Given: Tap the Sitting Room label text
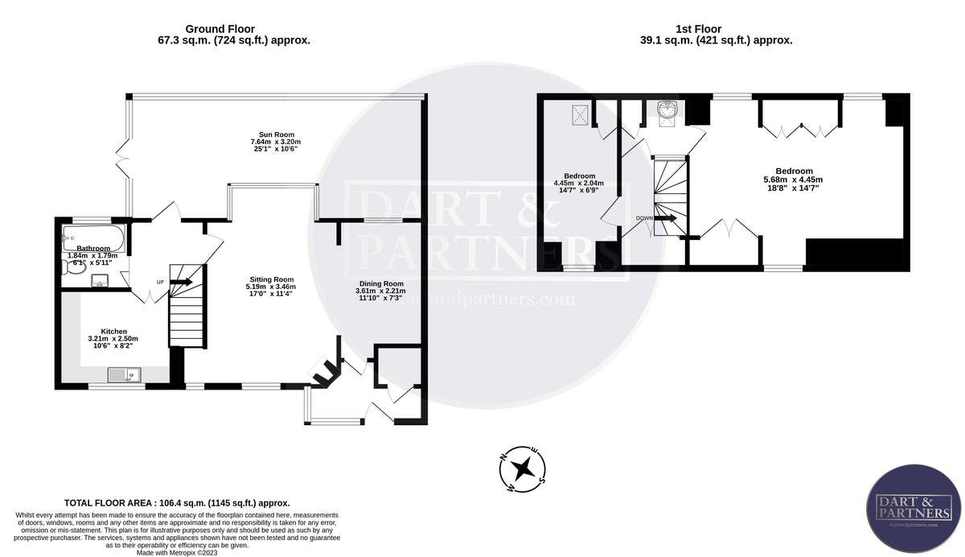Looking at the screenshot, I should coord(272,286).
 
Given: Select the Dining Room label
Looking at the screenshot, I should coord(381,291).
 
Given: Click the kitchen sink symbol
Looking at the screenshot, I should coord(124,373).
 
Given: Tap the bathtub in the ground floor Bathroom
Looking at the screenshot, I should coord(92,237).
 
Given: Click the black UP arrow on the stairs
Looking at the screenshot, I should coord(179,282).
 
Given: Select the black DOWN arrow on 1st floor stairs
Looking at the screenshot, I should coord(667,217).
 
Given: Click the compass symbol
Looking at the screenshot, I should coord(523,468).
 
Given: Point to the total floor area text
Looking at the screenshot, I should coord(177,501).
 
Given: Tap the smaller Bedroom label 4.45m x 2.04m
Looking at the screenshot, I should coord(579,184).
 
